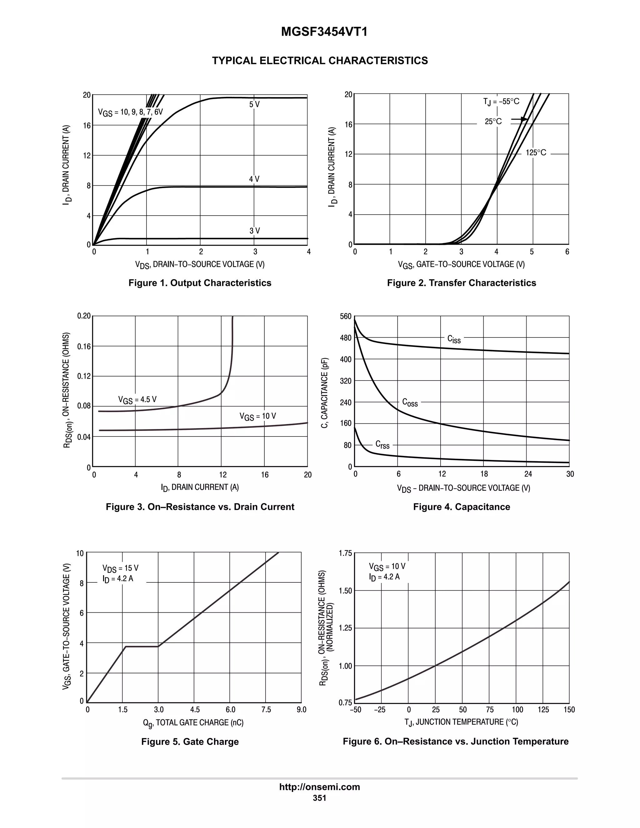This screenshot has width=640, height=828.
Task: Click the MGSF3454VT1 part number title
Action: click(x=324, y=32)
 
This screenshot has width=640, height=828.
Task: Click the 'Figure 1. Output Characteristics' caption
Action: click(x=200, y=283)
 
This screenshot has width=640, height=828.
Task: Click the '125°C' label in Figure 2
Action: click(x=536, y=153)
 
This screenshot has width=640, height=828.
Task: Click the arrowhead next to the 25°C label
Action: click(x=524, y=119)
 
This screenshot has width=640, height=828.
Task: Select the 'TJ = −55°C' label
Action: click(x=501, y=102)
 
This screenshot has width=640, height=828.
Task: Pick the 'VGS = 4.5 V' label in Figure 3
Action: click(x=137, y=400)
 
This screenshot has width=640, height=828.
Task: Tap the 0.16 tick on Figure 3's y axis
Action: click(x=84, y=346)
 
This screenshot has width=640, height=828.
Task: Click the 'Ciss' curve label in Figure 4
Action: click(x=454, y=339)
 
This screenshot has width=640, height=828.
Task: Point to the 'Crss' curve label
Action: click(x=382, y=444)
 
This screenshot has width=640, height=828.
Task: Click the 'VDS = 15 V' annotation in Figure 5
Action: click(x=120, y=568)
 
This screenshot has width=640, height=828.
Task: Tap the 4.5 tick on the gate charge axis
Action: click(x=195, y=709)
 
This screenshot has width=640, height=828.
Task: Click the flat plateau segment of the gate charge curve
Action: click(x=142, y=646)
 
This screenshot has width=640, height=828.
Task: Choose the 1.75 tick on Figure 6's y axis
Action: click(x=345, y=554)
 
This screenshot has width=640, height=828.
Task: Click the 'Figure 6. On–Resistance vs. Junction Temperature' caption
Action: click(x=456, y=741)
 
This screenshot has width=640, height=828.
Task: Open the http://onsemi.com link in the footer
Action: click(x=320, y=787)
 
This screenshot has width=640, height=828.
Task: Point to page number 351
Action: click(x=320, y=798)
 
